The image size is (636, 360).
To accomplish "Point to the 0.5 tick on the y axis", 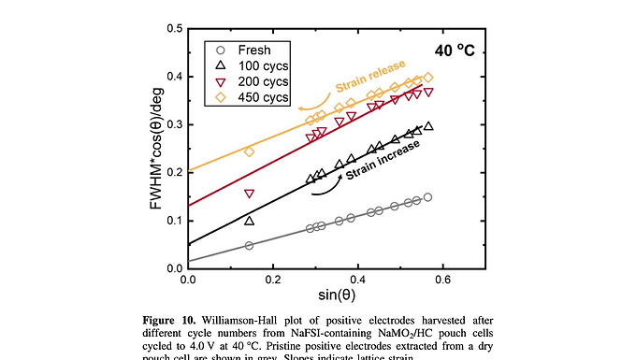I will tap(174, 28).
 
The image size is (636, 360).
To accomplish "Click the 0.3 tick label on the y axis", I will tap(174, 124).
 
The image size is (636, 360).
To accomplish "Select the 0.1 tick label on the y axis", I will tap(174, 221).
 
